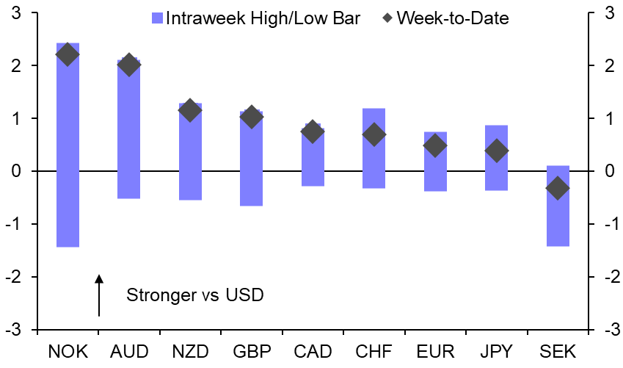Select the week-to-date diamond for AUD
tap(128, 65)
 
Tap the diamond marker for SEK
tap(558, 188)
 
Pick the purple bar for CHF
tap(374, 158)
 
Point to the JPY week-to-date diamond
tap(497, 151)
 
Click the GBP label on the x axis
tap(252, 351)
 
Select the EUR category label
tap(434, 351)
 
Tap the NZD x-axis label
tap(189, 351)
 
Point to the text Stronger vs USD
tap(194, 295)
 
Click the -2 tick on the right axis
tap(608, 277)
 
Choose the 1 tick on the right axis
tap(608, 118)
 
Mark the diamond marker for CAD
tap(313, 132)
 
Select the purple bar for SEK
tap(558, 220)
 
